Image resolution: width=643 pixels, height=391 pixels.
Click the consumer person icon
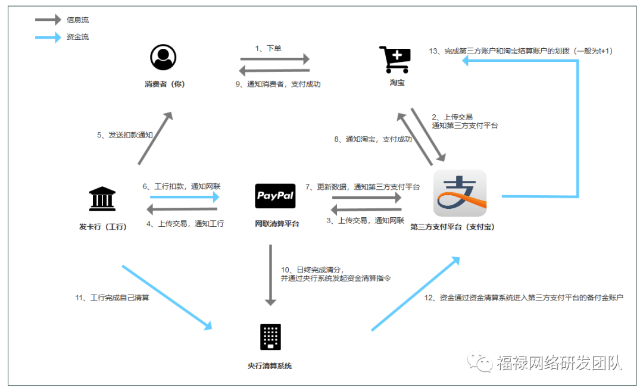point(164,58)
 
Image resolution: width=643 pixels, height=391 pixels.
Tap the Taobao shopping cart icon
point(394,60)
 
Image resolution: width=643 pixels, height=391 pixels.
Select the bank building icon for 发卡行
point(102,199)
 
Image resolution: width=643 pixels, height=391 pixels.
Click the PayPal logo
point(275,196)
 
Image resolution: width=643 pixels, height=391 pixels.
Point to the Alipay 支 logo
point(460,193)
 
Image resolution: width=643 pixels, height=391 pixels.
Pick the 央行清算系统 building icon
point(270,337)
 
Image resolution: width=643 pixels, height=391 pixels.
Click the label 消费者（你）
point(165,84)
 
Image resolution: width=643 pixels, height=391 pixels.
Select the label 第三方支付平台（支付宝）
point(452,227)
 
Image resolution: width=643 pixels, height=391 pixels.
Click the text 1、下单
point(269,49)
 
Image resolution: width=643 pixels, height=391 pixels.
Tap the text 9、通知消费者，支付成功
point(278,85)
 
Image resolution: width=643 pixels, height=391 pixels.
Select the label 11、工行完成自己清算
point(111,298)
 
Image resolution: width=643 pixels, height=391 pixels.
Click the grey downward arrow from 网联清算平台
point(271,274)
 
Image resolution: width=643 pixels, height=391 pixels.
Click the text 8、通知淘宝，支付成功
point(373,139)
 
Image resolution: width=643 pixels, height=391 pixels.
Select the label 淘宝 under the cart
point(397,83)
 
